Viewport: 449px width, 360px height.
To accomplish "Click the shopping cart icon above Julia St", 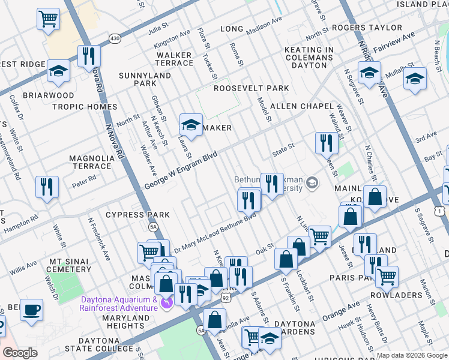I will pos(49,19).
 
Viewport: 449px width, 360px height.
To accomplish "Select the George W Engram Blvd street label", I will pos(181,171).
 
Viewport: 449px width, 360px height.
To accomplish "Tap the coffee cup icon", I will pos(31,310).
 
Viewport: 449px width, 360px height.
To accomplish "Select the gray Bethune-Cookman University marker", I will pos(312,182).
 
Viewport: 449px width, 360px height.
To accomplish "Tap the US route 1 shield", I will pos(442,211).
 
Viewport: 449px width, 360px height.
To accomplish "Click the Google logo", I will pos(20,353).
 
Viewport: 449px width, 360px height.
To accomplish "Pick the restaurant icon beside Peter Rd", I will pos(47,187).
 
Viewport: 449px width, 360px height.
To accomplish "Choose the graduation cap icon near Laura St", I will pos(191,125).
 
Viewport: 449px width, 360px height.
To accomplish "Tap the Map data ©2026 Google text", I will pos(411,355).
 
